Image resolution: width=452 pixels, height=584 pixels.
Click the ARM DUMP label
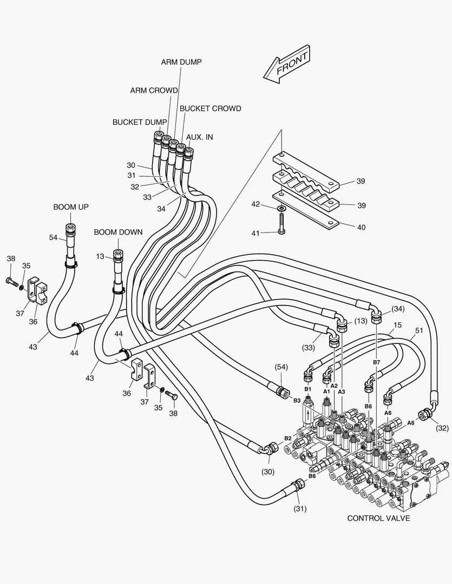[x=181, y=62]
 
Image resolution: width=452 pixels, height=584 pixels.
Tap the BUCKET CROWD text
[x=210, y=109]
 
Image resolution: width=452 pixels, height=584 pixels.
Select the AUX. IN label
[x=200, y=137]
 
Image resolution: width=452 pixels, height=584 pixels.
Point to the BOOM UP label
[x=71, y=207]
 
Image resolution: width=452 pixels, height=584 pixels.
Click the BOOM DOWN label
[x=118, y=233]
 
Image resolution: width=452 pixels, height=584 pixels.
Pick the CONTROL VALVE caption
[x=378, y=518]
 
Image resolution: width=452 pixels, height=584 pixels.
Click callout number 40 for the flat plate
[x=361, y=228]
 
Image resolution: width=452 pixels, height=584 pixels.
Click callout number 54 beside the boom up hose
[x=53, y=238]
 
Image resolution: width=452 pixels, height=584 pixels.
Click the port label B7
[x=377, y=362]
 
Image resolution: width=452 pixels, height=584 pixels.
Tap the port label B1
[x=307, y=389]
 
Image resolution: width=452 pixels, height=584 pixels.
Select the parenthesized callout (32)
[x=442, y=428]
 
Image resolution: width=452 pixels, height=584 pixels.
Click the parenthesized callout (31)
[x=300, y=508]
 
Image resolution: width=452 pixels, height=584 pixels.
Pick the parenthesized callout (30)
[x=268, y=472]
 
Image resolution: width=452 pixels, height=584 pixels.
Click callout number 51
[x=418, y=331]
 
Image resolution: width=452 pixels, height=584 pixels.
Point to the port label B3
[x=297, y=400]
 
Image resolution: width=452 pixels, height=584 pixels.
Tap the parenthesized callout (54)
[x=281, y=368]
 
